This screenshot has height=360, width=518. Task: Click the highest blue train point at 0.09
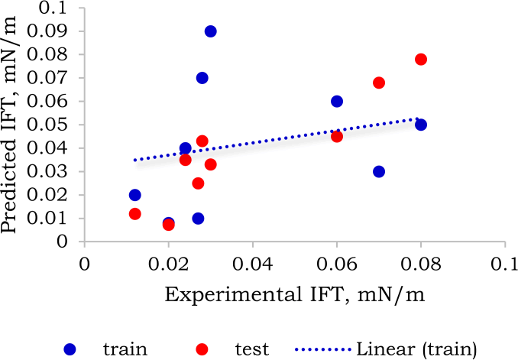click(x=210, y=31)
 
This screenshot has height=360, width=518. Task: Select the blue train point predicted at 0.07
click(x=202, y=78)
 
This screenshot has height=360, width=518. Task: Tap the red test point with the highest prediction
click(x=420, y=60)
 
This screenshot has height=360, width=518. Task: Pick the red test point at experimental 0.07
click(x=378, y=83)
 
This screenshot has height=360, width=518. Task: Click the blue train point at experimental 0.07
click(x=378, y=171)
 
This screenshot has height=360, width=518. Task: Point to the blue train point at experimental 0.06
click(x=337, y=101)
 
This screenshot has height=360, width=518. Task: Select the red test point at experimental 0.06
click(x=337, y=137)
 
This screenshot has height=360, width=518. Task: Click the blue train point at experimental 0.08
click(x=420, y=125)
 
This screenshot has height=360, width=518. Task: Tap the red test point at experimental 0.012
click(x=135, y=214)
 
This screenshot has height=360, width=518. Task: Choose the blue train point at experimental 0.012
click(x=135, y=195)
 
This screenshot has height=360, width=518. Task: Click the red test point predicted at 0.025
click(x=198, y=183)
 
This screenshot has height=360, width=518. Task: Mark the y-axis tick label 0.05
click(x=51, y=125)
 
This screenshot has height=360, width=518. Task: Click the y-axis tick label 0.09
click(x=51, y=31)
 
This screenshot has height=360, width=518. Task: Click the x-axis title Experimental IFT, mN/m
click(x=294, y=294)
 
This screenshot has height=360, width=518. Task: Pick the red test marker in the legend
click(x=202, y=349)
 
